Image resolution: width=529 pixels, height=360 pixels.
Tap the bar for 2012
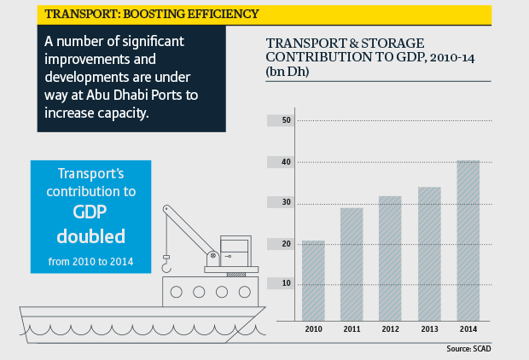click(x=390, y=256)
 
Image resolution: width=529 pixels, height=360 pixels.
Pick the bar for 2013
click(x=429, y=251)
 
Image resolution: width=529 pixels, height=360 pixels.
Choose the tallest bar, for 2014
click(x=468, y=238)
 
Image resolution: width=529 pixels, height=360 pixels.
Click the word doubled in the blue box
click(x=90, y=235)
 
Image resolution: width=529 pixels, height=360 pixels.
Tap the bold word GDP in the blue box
click(x=90, y=212)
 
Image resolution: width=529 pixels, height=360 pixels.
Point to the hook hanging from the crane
click(x=166, y=268)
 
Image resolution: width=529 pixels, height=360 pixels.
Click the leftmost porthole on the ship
click(x=177, y=292)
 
